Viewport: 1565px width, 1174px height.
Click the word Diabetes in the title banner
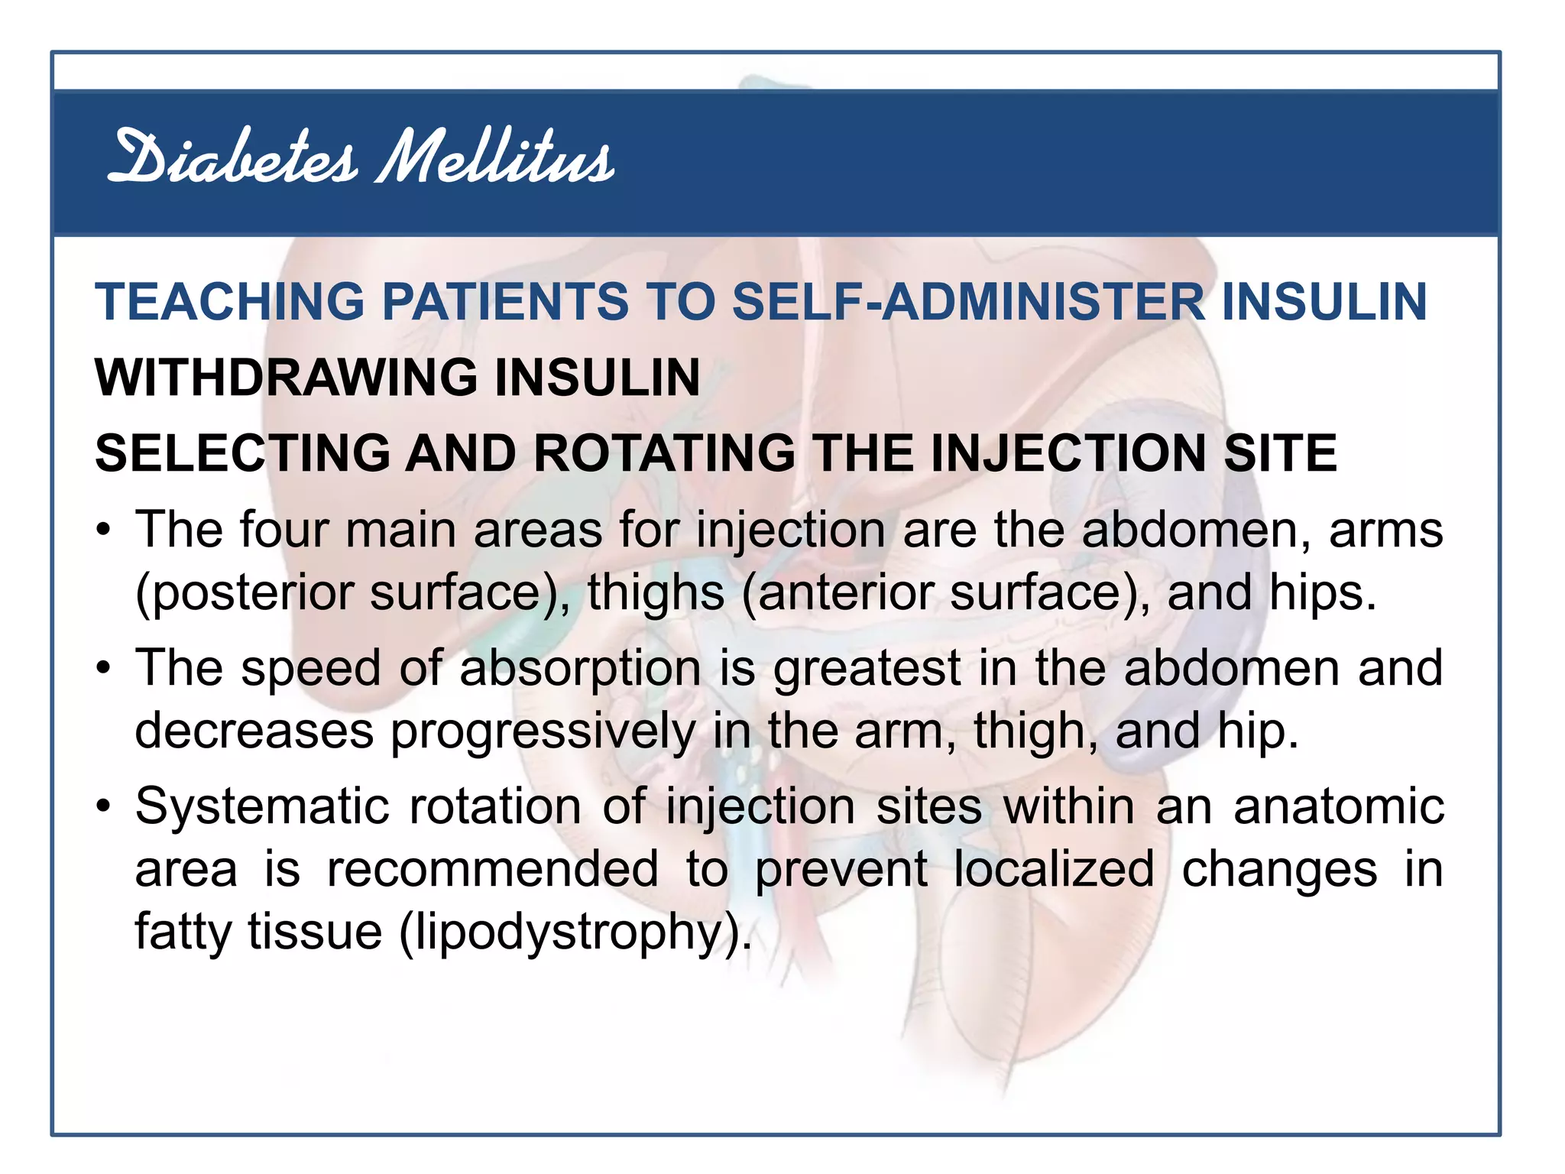tap(232, 158)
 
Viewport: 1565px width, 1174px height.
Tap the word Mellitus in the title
tap(495, 158)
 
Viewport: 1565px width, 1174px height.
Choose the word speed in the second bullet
tap(310, 668)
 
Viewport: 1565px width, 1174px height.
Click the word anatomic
tap(1338, 807)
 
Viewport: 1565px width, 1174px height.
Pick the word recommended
tap(493, 870)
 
